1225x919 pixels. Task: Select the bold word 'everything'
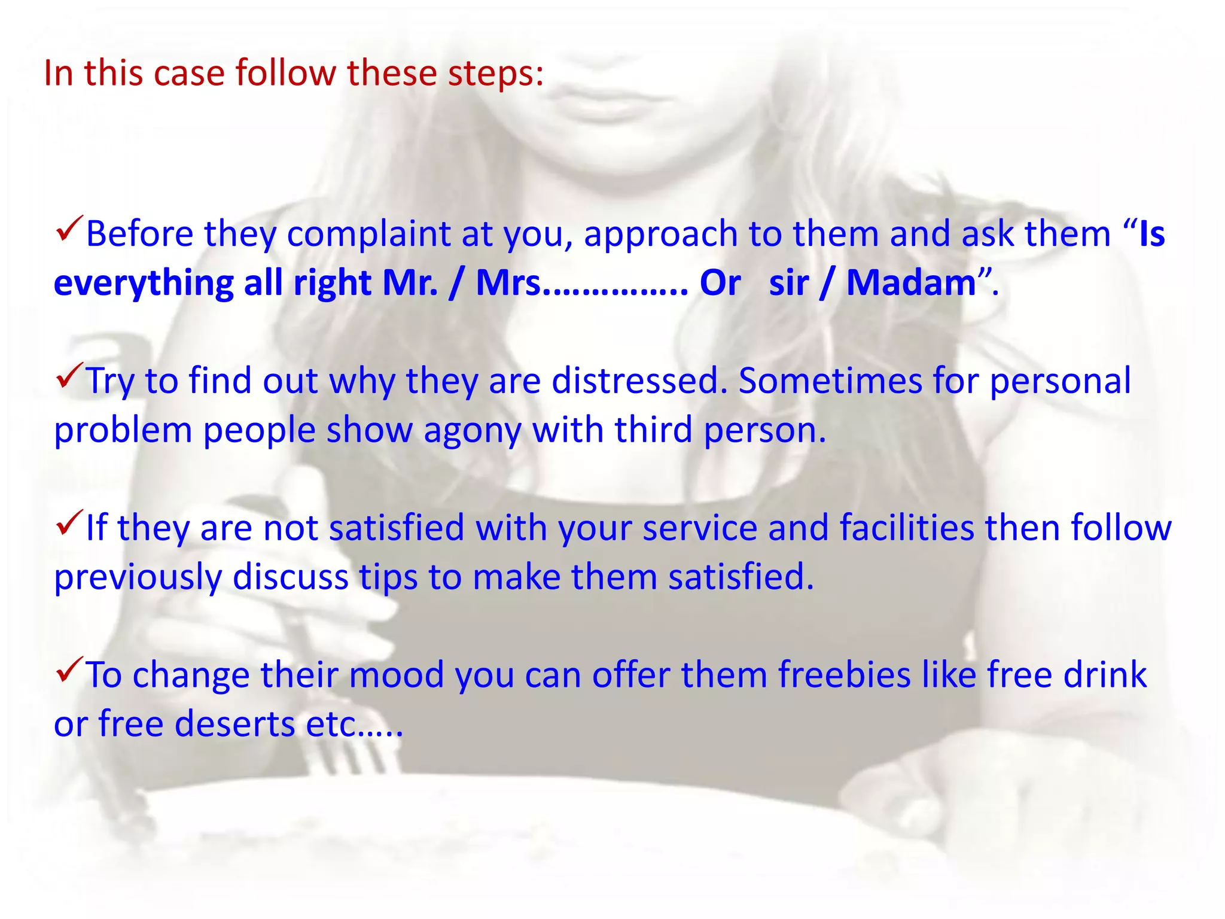[x=144, y=284]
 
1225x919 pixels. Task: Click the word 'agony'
[x=473, y=431]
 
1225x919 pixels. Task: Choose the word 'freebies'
[x=844, y=675]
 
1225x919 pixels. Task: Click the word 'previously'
[x=138, y=578]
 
